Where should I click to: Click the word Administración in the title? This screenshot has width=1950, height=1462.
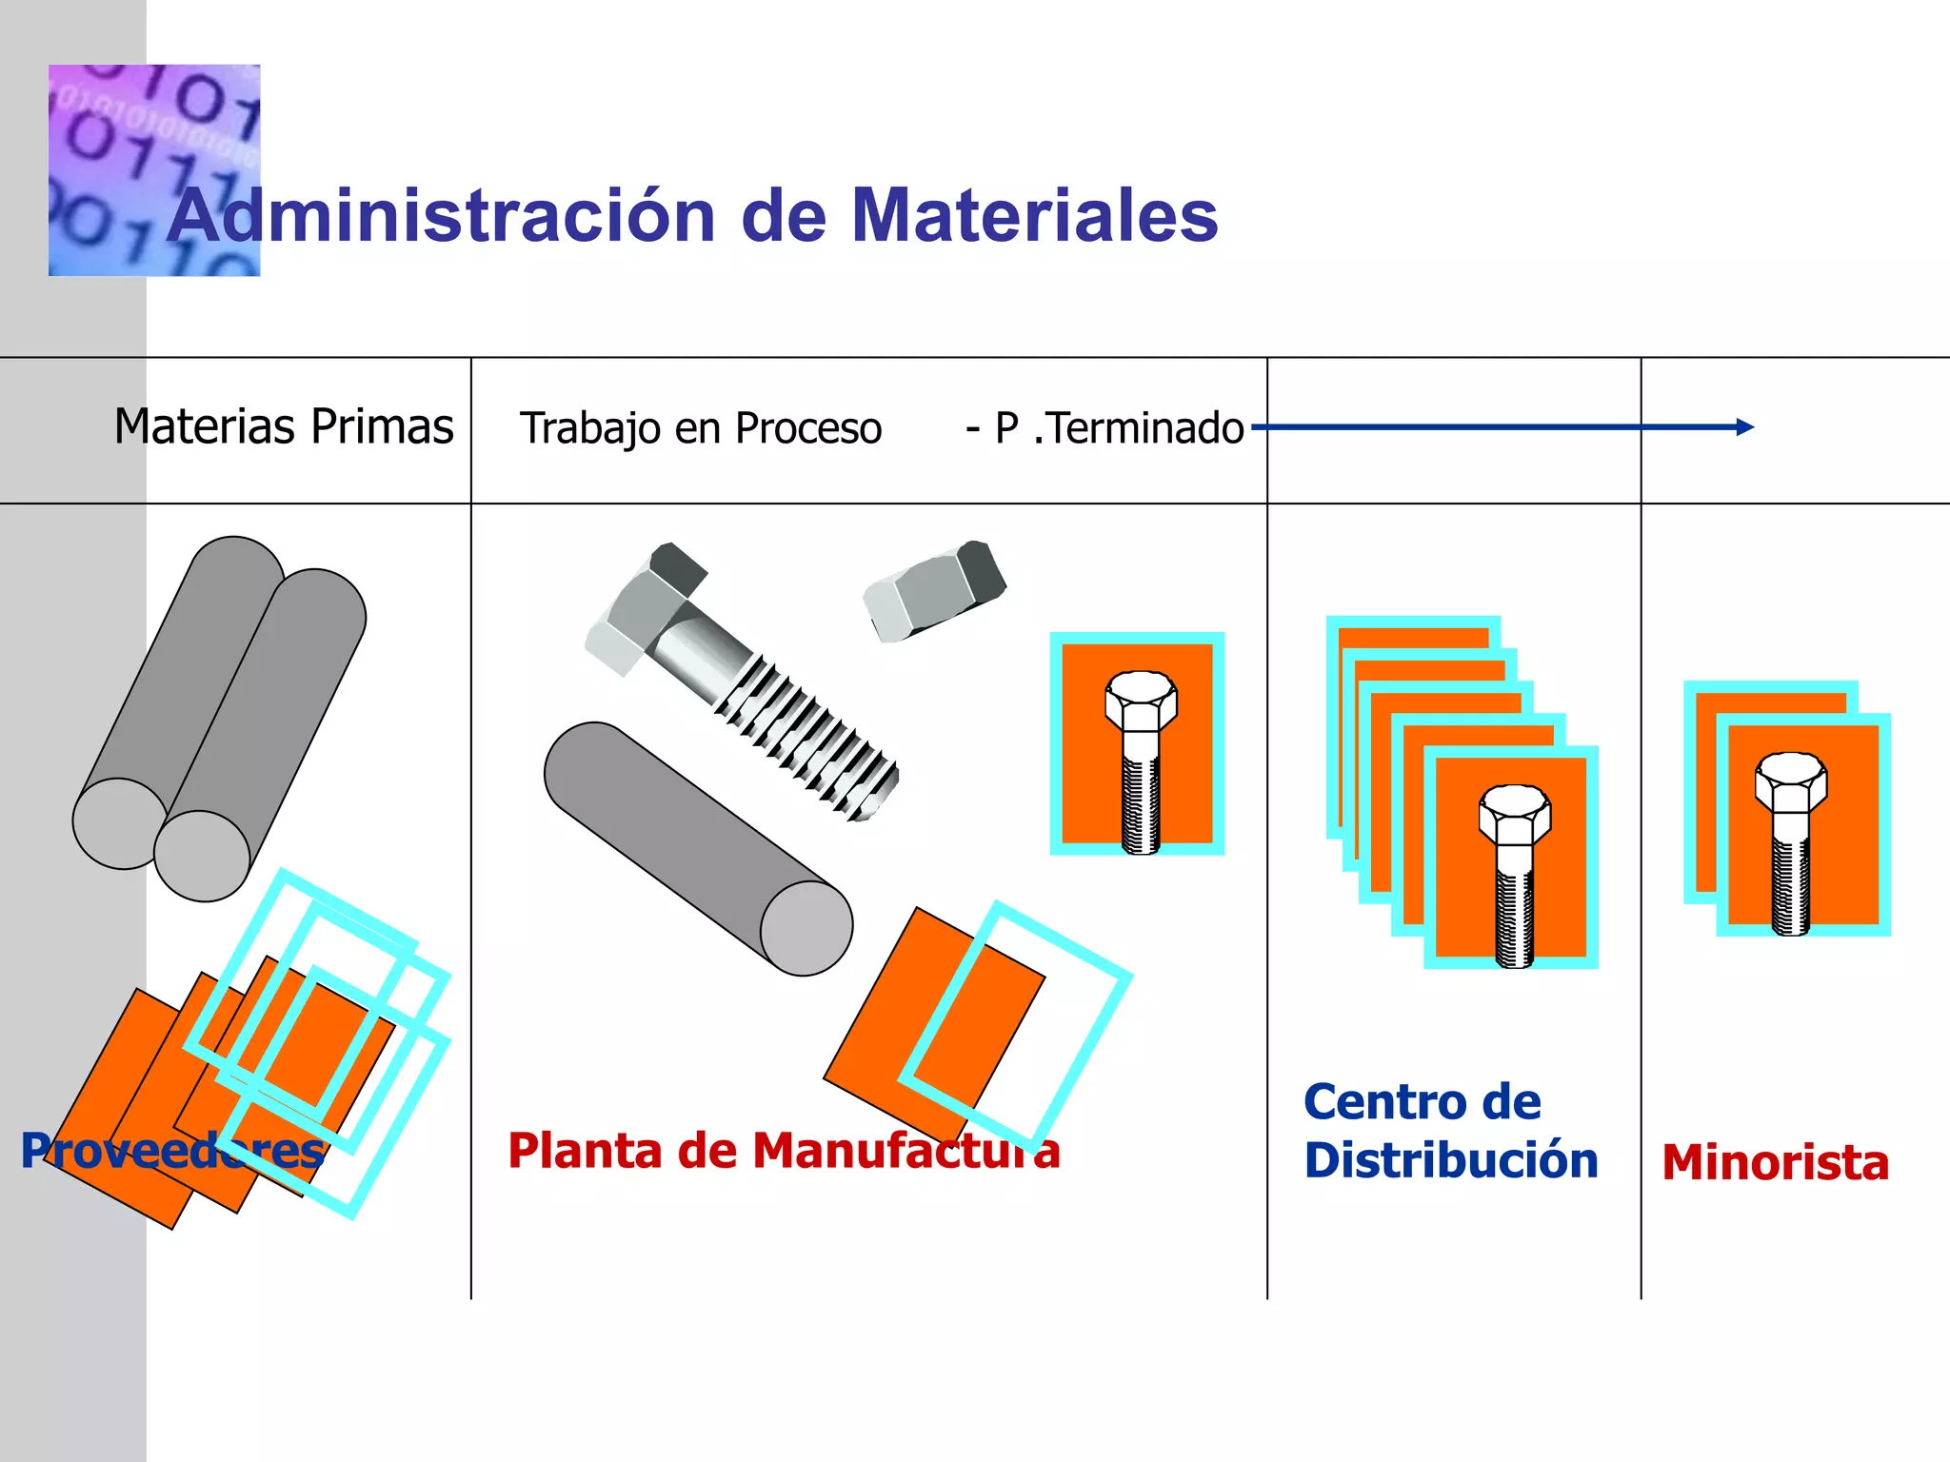tap(441, 216)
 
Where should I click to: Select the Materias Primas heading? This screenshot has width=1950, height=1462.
tap(284, 426)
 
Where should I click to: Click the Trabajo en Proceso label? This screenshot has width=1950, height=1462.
tap(701, 428)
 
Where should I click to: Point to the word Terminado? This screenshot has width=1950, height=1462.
tap(1145, 428)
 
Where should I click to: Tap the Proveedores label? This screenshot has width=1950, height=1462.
tap(172, 1151)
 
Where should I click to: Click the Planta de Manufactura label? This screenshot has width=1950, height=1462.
tap(783, 1151)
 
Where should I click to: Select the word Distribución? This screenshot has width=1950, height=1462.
tap(1451, 1161)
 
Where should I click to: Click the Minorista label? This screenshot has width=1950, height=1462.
tap(1776, 1163)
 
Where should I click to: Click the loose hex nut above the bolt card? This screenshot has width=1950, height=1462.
tap(934, 590)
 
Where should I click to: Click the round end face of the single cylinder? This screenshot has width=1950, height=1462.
tap(806, 928)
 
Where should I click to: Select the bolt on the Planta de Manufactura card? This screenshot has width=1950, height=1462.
tap(1141, 761)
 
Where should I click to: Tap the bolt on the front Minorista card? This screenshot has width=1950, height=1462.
tap(1790, 842)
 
